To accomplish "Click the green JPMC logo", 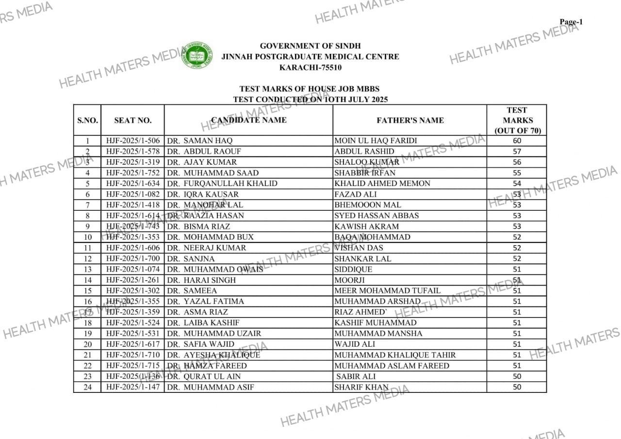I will click(x=197, y=55).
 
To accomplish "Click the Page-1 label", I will click(x=571, y=22).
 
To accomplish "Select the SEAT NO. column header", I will click(x=132, y=120).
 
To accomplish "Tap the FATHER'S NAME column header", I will click(x=410, y=120).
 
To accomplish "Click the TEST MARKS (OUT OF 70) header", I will click(x=517, y=120).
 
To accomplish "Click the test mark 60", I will click(x=517, y=141).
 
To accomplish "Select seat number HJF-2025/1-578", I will click(x=132, y=152).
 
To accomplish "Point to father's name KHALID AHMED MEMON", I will click(x=382, y=184).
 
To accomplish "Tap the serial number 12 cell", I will click(x=88, y=258).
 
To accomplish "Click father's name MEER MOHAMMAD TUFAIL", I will click(x=387, y=290).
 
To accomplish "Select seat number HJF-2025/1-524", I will click(x=132, y=322).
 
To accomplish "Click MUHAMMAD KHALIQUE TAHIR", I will click(x=395, y=355).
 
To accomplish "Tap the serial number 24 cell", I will click(x=88, y=387).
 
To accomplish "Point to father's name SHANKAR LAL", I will click(x=362, y=258).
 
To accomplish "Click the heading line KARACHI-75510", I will click(x=310, y=68).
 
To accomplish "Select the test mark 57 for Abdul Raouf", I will click(x=517, y=152).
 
